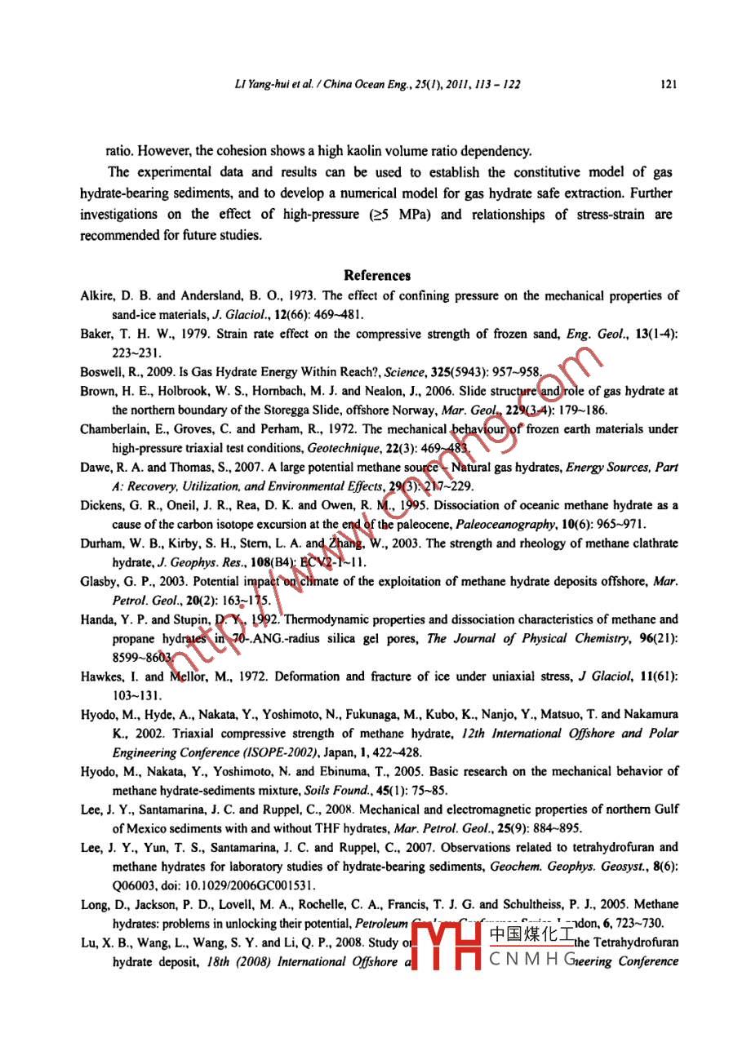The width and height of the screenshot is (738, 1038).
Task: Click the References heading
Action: (x=377, y=276)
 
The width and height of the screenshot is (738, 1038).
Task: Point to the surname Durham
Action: (x=100, y=543)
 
